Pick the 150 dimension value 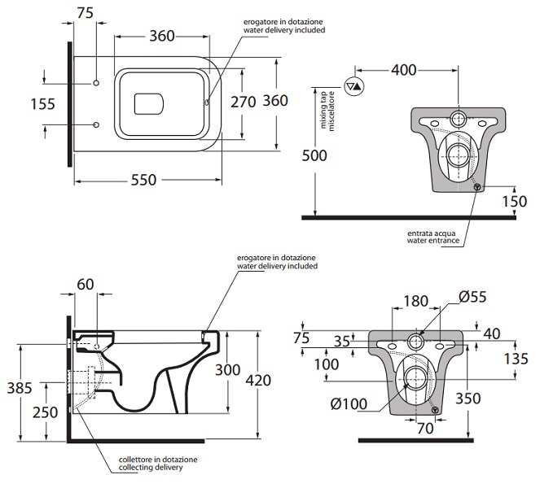(x=515, y=202)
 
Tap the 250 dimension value (x=45, y=412)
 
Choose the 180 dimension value (x=414, y=301)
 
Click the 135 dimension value (x=516, y=359)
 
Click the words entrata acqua (x=429, y=233)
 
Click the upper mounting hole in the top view (x=96, y=83)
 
